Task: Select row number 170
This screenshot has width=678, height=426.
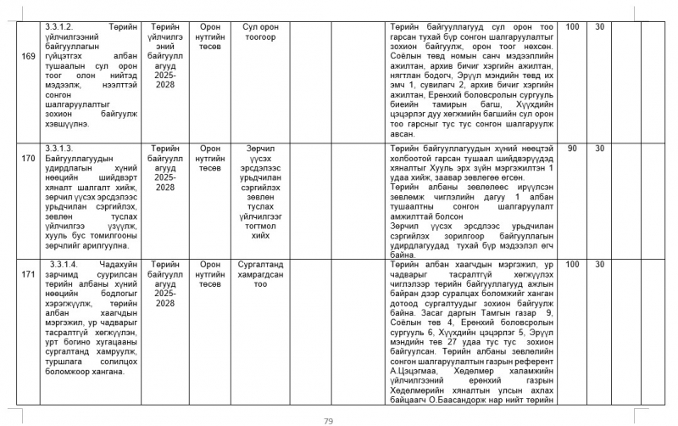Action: click(29, 158)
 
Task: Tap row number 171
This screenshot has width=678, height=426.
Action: click(29, 275)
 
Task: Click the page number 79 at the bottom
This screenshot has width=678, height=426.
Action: click(330, 421)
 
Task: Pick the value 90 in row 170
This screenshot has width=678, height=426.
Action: click(573, 148)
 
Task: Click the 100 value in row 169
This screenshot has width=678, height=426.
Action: click(573, 28)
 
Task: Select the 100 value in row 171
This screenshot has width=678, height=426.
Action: click(573, 264)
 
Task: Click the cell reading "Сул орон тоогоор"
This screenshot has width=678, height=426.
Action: click(261, 33)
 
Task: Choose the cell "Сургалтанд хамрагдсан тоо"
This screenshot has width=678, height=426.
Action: click(261, 275)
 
